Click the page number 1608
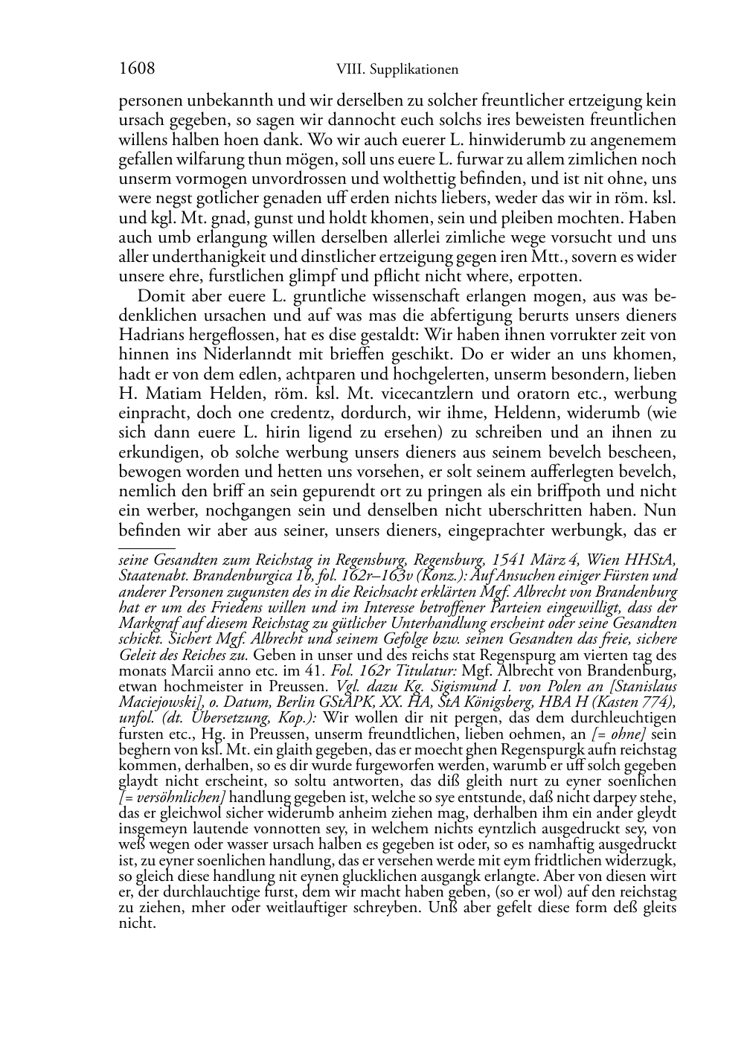pyautogui.click(x=137, y=68)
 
